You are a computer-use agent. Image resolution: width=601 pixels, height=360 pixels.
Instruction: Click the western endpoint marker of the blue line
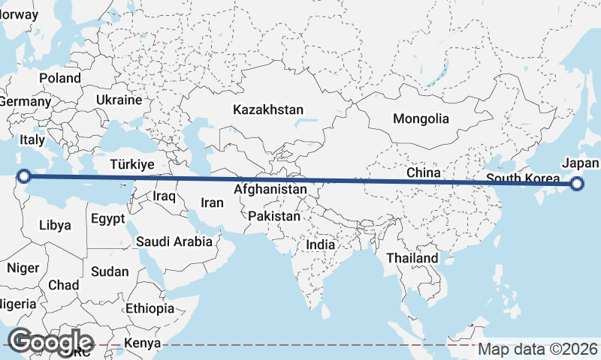(24, 176)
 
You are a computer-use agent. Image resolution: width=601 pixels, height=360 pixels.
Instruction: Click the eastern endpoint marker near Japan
(577, 184)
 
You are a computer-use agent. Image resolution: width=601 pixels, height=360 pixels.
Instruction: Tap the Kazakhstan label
(268, 109)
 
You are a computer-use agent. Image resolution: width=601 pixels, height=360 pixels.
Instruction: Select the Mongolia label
(421, 118)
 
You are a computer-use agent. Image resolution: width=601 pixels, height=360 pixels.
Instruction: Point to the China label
(423, 172)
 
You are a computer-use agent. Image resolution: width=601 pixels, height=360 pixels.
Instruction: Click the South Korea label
(523, 178)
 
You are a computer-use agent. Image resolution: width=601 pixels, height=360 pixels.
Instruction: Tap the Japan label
(581, 163)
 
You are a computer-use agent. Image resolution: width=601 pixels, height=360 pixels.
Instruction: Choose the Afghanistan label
(270, 190)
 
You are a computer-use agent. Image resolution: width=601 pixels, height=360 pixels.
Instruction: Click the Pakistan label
(274, 216)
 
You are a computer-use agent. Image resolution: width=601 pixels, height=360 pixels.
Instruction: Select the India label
(321, 244)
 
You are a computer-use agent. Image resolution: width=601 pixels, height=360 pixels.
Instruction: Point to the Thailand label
(412, 258)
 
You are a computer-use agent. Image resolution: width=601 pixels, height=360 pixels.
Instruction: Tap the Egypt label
(107, 219)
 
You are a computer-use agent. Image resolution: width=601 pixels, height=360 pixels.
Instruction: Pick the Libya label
(55, 225)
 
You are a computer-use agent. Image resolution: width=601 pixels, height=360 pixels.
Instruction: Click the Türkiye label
(131, 164)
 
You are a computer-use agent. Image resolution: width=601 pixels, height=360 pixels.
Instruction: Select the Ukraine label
(119, 100)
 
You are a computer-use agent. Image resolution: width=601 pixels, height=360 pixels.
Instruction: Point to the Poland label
(60, 78)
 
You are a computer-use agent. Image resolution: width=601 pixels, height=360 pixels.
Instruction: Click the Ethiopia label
(149, 308)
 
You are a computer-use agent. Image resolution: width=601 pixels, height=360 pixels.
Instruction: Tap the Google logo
(50, 341)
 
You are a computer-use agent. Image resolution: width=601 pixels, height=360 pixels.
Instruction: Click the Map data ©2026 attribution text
(539, 349)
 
